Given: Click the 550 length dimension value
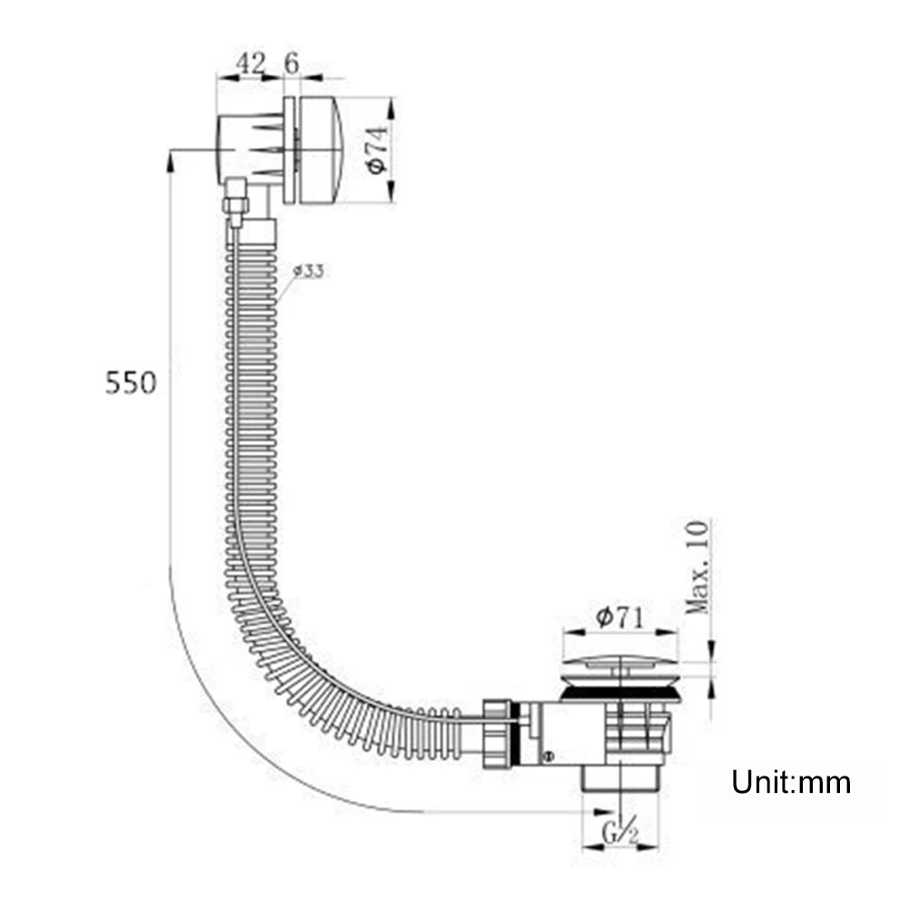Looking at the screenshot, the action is pyautogui.click(x=130, y=383).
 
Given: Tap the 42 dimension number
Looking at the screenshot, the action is pyautogui.click(x=250, y=63).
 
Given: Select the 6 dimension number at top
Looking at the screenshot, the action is pyautogui.click(x=292, y=63).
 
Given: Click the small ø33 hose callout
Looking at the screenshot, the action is pyautogui.click(x=308, y=270).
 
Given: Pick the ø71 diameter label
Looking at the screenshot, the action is pyautogui.click(x=620, y=617).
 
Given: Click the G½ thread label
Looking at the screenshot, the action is pyautogui.click(x=620, y=832).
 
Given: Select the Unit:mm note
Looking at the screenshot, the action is pyautogui.click(x=791, y=782).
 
